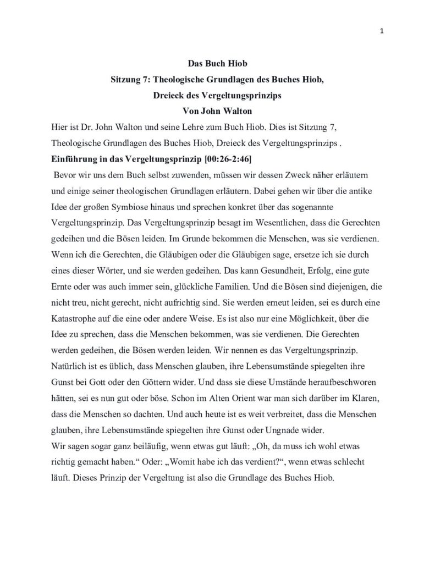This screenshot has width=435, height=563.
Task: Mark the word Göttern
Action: point(146,381)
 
